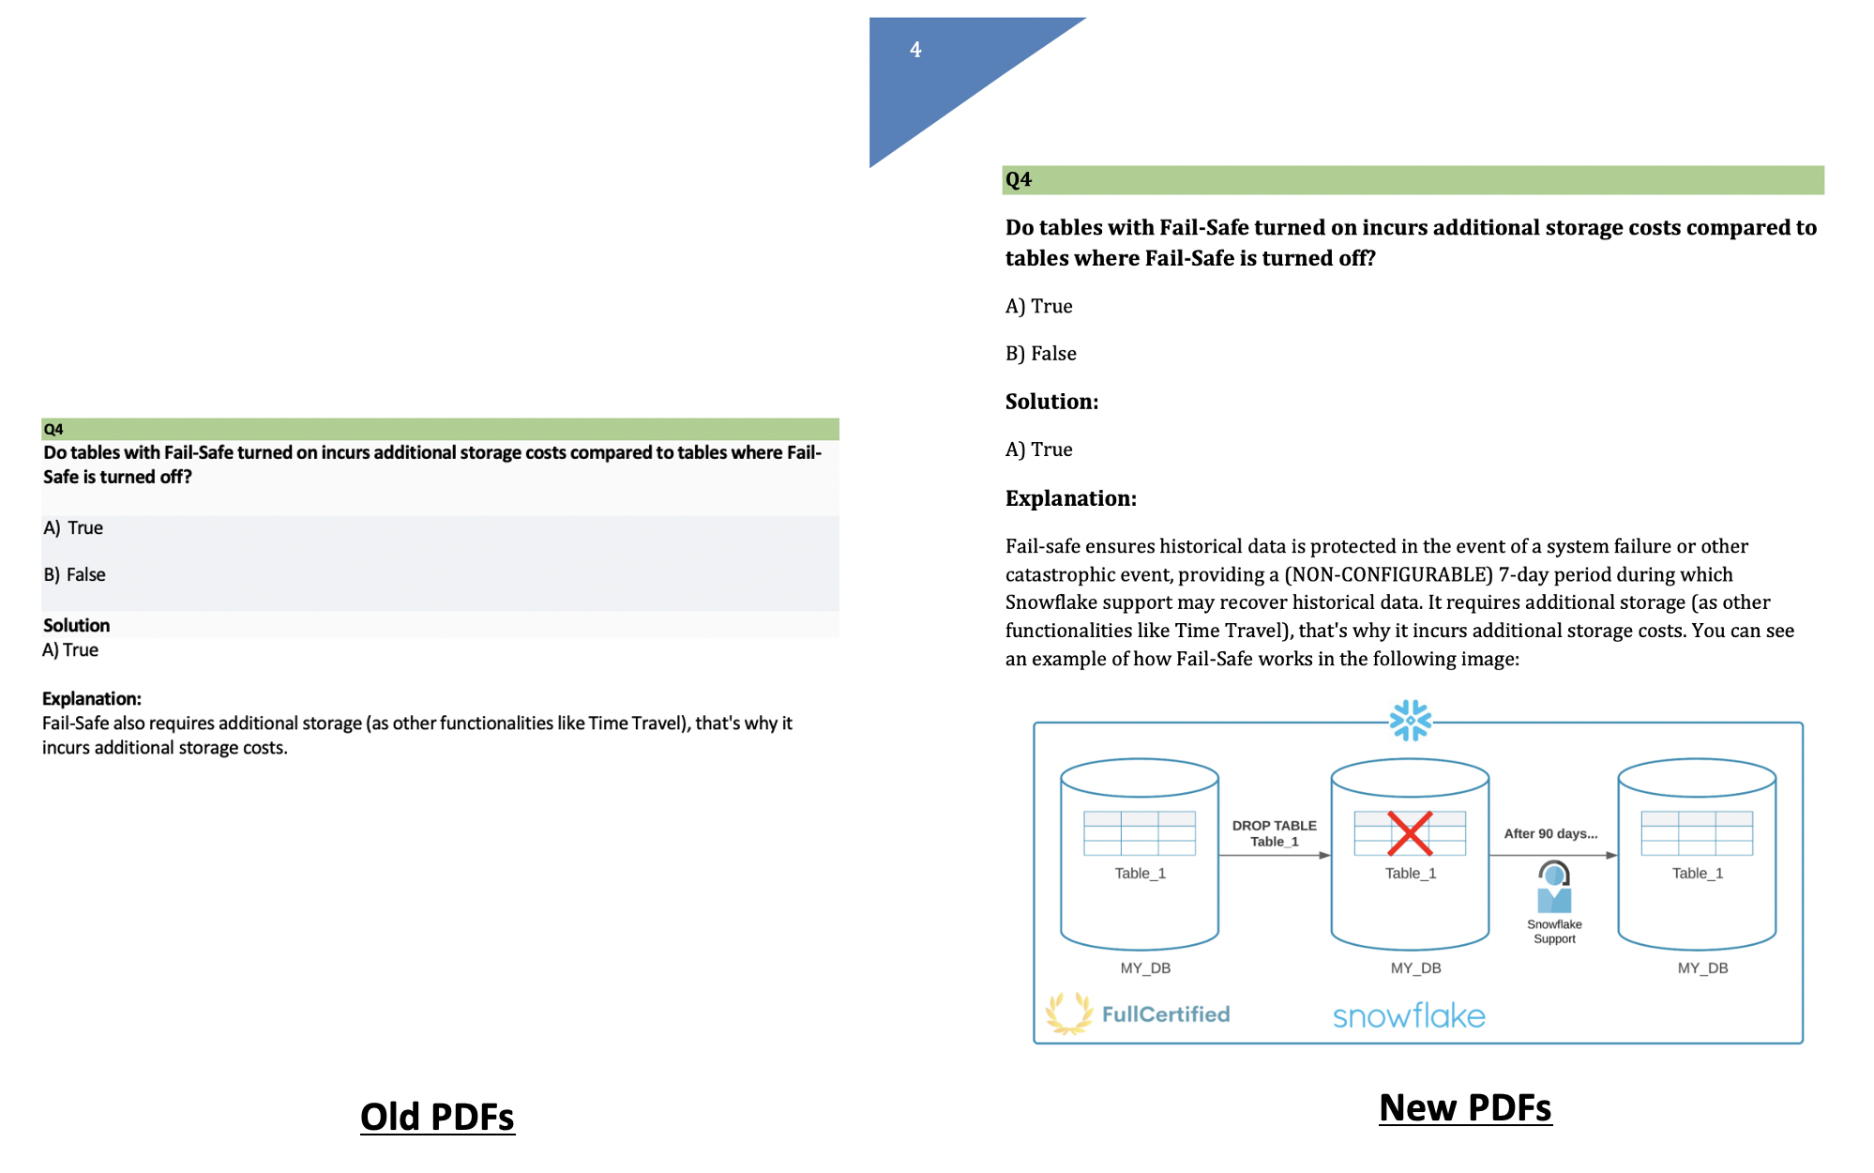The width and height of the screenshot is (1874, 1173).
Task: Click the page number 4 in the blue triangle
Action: (x=915, y=50)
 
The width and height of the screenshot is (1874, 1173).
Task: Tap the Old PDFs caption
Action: (x=437, y=1117)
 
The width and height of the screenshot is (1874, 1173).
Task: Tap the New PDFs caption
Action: (x=1465, y=1107)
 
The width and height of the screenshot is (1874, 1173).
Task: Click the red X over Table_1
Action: (x=1410, y=833)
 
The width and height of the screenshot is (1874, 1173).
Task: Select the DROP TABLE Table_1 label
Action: (x=1274, y=833)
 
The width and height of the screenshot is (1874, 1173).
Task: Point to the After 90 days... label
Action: (x=1550, y=833)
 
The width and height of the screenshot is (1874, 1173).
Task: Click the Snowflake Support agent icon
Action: (x=1554, y=887)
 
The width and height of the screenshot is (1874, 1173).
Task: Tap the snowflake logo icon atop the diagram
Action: (x=1411, y=721)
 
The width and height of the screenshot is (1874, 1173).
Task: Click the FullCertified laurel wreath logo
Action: (x=1069, y=1013)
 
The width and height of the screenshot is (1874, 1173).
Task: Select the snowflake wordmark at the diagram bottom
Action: (x=1409, y=1015)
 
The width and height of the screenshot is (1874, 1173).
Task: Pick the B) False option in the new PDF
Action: (x=1040, y=354)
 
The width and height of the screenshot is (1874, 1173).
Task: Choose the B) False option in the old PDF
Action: (x=74, y=574)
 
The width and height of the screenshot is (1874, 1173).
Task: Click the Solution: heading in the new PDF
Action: (x=1051, y=402)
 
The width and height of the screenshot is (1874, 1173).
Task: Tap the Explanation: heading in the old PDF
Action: (x=91, y=698)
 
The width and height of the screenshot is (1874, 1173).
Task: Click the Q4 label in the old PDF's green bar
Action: (x=53, y=429)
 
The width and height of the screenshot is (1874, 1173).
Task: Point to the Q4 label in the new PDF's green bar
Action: (x=1018, y=179)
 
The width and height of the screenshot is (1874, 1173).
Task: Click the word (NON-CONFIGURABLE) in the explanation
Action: (x=1388, y=574)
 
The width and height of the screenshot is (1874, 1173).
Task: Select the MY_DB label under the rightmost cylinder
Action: (x=1702, y=967)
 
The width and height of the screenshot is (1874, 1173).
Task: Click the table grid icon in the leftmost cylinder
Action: (x=1140, y=833)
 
